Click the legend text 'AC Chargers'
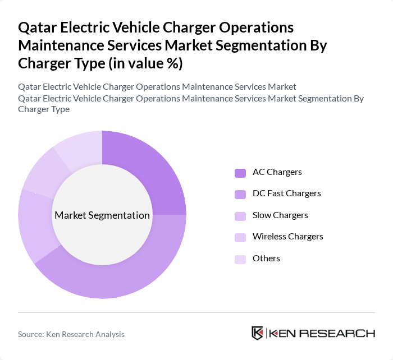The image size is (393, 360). pyautogui.click(x=277, y=172)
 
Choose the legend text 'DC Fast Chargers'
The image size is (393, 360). pyautogui.click(x=286, y=193)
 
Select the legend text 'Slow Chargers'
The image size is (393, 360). pyautogui.click(x=280, y=215)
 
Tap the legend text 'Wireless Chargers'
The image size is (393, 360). pyautogui.click(x=287, y=237)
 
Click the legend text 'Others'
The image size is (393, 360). pyautogui.click(x=266, y=259)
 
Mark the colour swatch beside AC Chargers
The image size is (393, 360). pyautogui.click(x=240, y=173)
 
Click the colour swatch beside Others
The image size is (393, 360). pyautogui.click(x=240, y=259)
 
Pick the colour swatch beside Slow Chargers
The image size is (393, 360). pyautogui.click(x=240, y=216)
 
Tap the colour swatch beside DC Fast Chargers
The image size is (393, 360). pyautogui.click(x=240, y=194)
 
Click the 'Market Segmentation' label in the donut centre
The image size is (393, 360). pyautogui.click(x=102, y=215)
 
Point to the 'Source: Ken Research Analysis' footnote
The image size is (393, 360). pyautogui.click(x=71, y=334)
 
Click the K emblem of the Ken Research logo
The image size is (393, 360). pyautogui.click(x=258, y=333)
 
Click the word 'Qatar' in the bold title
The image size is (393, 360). pyautogui.click(x=39, y=27)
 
